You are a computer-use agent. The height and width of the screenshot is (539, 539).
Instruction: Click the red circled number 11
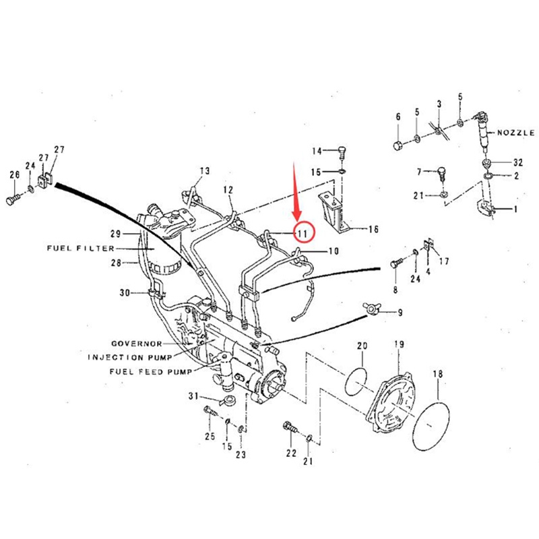click(x=303, y=233)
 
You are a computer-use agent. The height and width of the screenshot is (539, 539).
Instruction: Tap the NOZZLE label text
click(x=515, y=133)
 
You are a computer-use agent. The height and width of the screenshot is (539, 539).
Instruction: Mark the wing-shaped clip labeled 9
click(x=371, y=308)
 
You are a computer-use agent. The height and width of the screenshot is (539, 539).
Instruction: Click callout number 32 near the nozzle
click(x=517, y=162)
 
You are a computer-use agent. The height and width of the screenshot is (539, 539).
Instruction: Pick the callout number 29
click(x=115, y=234)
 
